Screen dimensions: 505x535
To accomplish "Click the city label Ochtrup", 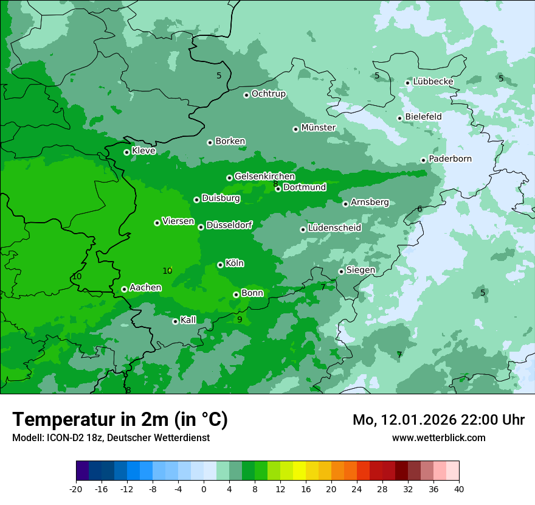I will click(268, 94).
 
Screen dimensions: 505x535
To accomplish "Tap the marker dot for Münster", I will click(296, 129).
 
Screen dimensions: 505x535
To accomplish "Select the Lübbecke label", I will click(433, 82).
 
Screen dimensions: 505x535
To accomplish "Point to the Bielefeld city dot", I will click(400, 118).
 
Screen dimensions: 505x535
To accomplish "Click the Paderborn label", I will click(450, 159).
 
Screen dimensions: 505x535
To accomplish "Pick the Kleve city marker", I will click(127, 152).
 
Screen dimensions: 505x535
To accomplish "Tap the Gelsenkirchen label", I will click(264, 176).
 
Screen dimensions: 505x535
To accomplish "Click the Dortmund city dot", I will click(278, 189).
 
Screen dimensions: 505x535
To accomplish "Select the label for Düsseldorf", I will click(229, 225).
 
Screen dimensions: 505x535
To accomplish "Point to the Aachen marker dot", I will click(125, 289).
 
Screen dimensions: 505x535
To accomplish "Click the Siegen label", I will click(361, 270).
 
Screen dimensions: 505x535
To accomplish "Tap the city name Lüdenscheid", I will click(334, 228).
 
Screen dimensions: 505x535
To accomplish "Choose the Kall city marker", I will click(176, 321).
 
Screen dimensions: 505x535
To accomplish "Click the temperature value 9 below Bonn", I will click(240, 319).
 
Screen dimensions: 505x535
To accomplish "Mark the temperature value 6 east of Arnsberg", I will click(419, 209).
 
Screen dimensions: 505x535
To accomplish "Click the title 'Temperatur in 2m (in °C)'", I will click(120, 419).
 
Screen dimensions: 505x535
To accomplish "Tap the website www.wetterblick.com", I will click(438, 437).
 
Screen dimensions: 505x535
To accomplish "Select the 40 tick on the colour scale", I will click(458, 489).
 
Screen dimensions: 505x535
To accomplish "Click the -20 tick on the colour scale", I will click(76, 489).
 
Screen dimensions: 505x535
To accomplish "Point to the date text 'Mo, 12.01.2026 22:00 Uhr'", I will click(438, 420).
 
